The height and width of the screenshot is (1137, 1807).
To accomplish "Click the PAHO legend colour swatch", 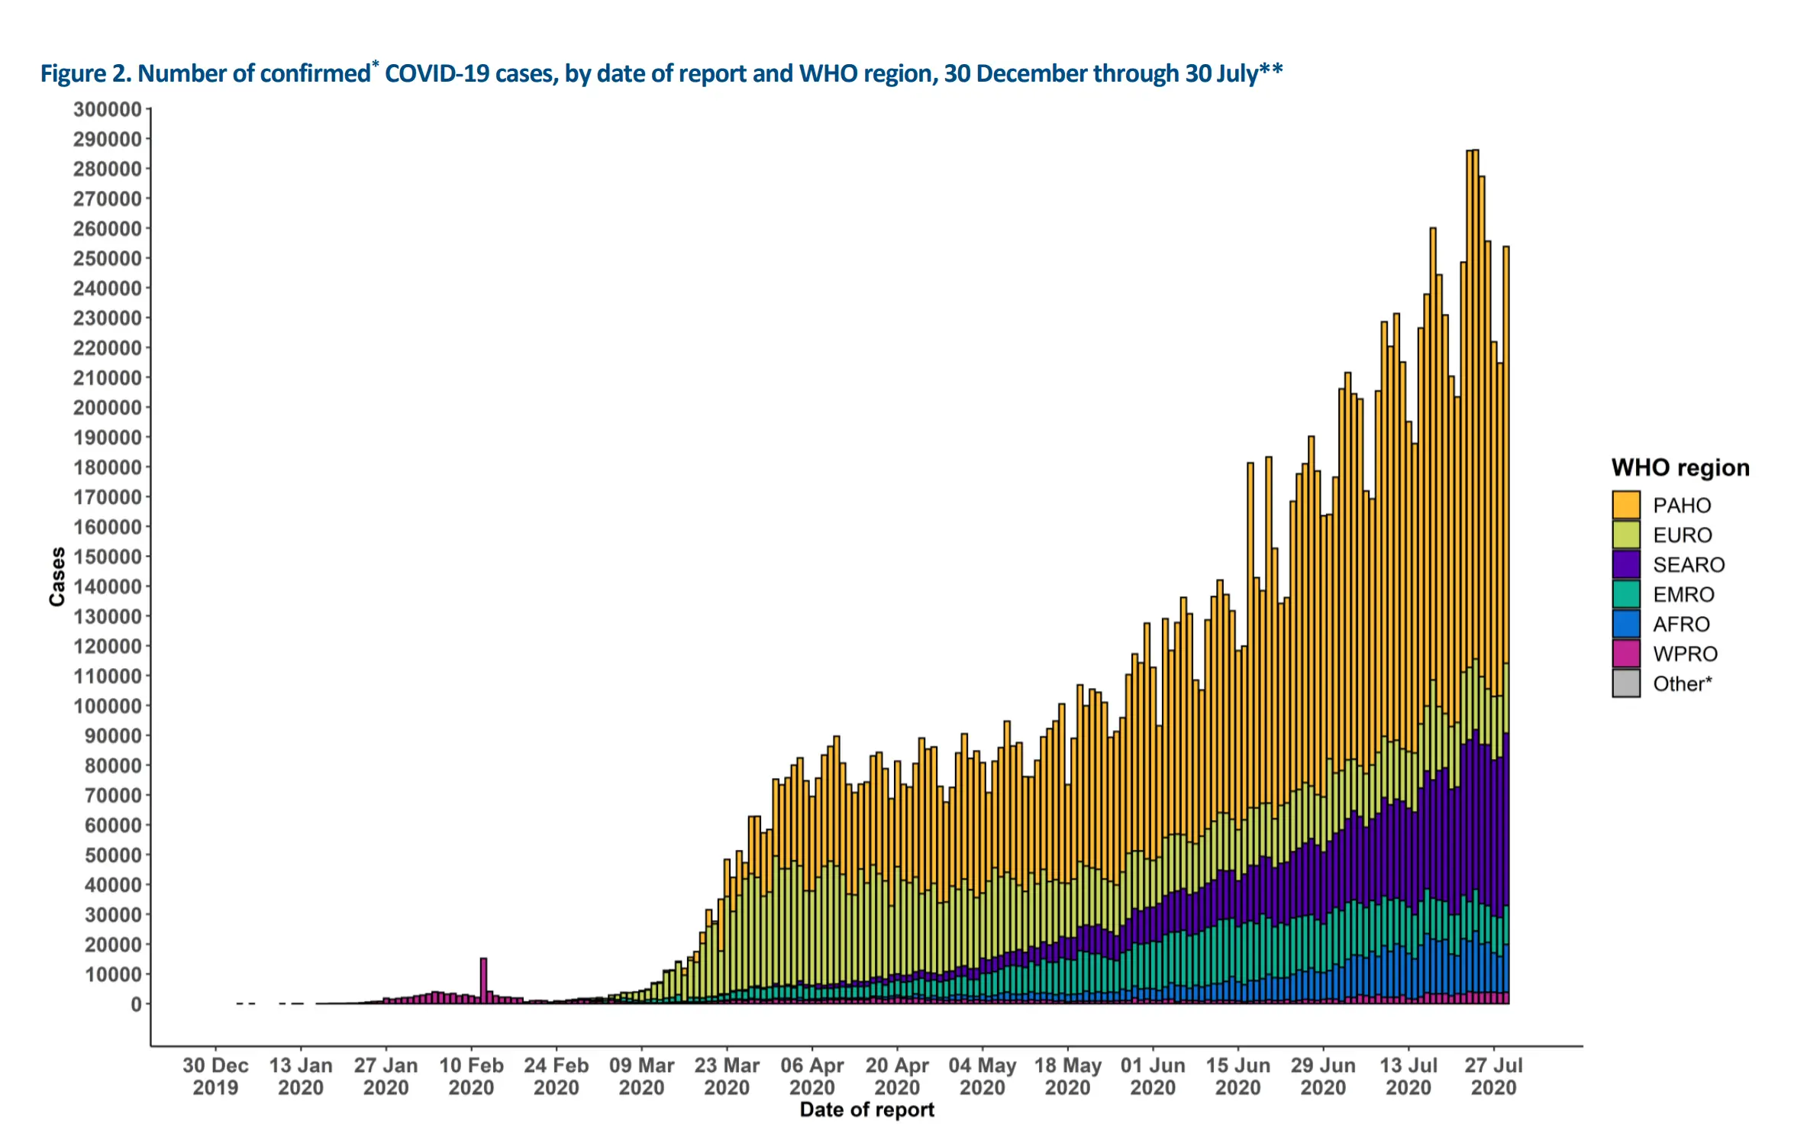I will click(1626, 506).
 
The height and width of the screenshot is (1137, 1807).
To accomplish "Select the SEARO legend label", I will click(1689, 565).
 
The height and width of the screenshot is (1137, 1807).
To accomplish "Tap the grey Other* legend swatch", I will click(1626, 683).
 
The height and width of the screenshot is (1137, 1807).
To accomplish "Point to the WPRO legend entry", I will click(1685, 654).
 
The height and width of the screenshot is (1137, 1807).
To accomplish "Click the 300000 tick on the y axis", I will click(108, 109).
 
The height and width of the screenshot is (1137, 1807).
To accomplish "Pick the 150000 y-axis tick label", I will click(108, 557).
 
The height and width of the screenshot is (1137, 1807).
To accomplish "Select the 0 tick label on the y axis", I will click(136, 1004).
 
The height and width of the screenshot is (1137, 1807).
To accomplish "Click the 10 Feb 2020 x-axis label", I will click(471, 1076).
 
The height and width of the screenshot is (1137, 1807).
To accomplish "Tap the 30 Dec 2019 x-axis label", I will click(215, 1076).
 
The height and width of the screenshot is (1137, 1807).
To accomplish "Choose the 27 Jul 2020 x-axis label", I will click(1493, 1076).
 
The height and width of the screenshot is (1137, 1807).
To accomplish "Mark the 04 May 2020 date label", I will click(983, 1076).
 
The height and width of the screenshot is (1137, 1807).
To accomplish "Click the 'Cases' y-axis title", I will click(57, 577).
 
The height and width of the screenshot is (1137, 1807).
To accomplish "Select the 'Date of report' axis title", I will click(866, 1110).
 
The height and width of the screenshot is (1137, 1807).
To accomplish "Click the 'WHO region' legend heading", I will click(1680, 467).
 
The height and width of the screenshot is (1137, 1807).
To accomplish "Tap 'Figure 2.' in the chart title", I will click(86, 73).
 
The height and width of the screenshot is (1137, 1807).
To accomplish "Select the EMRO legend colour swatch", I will click(1626, 595).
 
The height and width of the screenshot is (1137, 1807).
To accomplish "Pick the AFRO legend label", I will click(1681, 625).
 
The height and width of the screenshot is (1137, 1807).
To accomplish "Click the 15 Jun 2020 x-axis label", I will click(1237, 1076).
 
